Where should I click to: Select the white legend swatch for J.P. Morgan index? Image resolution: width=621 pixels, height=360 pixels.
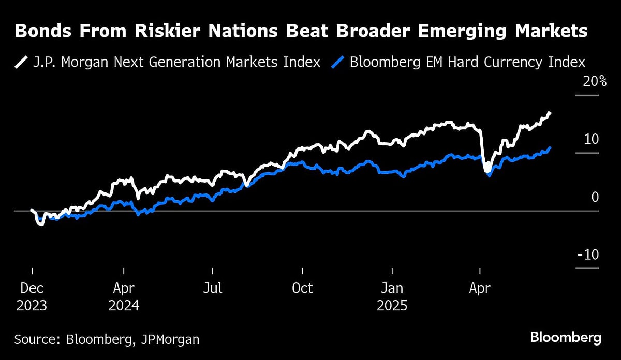click(21, 63)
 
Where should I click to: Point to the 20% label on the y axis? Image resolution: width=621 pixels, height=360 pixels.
click(588, 81)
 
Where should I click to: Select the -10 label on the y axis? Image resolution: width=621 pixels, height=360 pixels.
click(588, 254)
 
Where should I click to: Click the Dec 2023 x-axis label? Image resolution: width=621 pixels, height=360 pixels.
click(31, 296)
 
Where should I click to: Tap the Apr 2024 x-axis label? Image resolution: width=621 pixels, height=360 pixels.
click(124, 296)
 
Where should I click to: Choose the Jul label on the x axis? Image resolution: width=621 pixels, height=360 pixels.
click(213, 288)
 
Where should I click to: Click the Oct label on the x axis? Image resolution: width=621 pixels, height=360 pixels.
click(302, 288)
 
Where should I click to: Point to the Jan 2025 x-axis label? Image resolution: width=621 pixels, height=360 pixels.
click(392, 296)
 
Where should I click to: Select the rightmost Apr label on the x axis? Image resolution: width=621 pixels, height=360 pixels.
click(480, 288)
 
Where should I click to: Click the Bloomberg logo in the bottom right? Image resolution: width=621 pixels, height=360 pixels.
click(566, 338)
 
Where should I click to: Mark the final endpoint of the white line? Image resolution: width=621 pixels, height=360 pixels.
click(550, 112)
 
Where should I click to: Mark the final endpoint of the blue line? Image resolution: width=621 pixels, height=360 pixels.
click(550, 147)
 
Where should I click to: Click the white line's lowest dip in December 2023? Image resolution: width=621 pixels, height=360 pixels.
click(41, 224)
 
